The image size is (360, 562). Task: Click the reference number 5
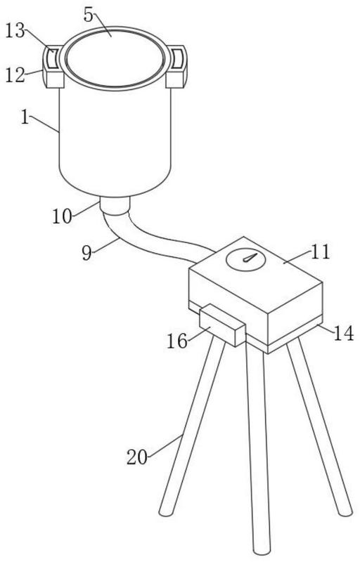tap(89, 14)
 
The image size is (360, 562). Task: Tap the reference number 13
tap(15, 31)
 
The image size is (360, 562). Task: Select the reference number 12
tap(15, 75)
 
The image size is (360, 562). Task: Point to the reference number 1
tap(25, 117)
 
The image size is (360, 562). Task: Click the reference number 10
tap(63, 216)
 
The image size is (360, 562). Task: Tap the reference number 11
tap(320, 251)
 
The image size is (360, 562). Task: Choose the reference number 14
tap(344, 333)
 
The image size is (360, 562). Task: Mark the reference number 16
tap(177, 341)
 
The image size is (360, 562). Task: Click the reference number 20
tap(137, 457)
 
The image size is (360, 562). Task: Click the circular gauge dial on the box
tap(245, 259)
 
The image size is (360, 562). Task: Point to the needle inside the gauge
tap(250, 257)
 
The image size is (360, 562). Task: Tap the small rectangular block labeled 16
tap(222, 326)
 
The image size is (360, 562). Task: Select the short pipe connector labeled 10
tap(115, 206)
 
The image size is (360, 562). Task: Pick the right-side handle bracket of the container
tap(176, 66)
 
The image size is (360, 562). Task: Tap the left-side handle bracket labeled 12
tap(53, 67)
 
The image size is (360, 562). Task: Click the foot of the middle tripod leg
tap(262, 549)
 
